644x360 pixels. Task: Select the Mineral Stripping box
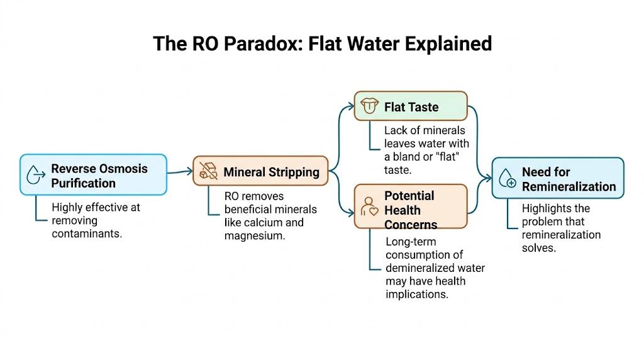click(260, 171)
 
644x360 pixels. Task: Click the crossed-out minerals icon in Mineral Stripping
click(208, 171)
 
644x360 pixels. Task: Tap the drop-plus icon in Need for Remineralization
click(507, 179)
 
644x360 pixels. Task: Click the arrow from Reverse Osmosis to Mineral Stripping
click(180, 171)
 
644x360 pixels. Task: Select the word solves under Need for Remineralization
click(539, 247)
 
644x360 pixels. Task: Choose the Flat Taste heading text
click(411, 107)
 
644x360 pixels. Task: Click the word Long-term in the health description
click(410, 242)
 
